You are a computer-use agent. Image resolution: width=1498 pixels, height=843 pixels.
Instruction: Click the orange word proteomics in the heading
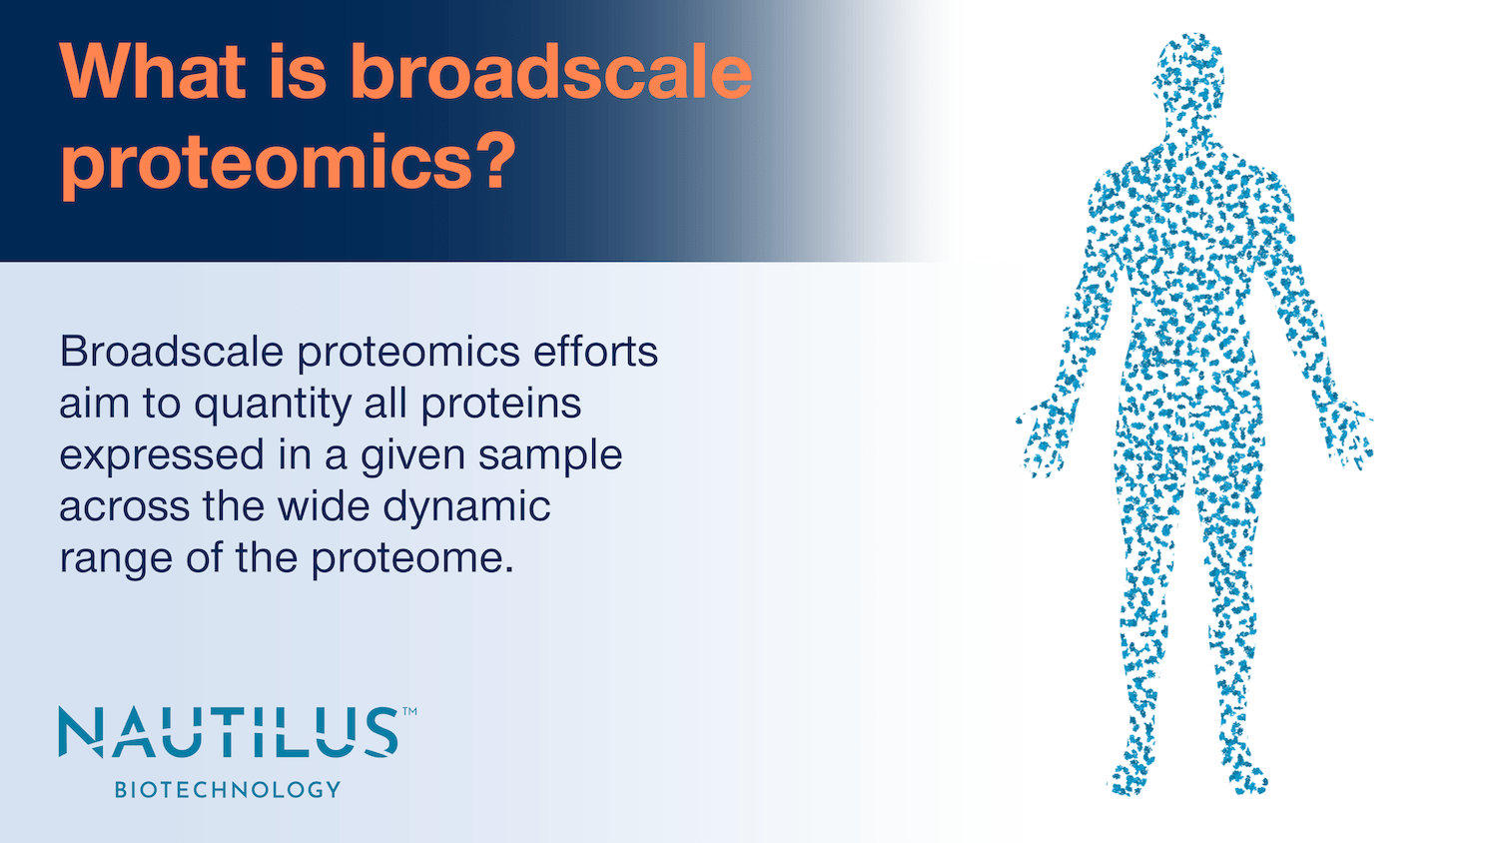(x=266, y=163)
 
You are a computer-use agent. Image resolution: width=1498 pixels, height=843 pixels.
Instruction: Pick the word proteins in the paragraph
(x=501, y=405)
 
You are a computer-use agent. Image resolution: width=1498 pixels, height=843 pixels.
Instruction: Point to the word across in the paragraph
(x=125, y=506)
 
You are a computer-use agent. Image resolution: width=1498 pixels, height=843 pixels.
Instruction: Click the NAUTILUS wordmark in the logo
(x=229, y=732)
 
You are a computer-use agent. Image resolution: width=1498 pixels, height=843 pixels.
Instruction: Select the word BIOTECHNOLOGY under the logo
(x=228, y=789)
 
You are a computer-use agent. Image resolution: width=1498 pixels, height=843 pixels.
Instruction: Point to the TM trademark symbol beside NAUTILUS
(x=409, y=713)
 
